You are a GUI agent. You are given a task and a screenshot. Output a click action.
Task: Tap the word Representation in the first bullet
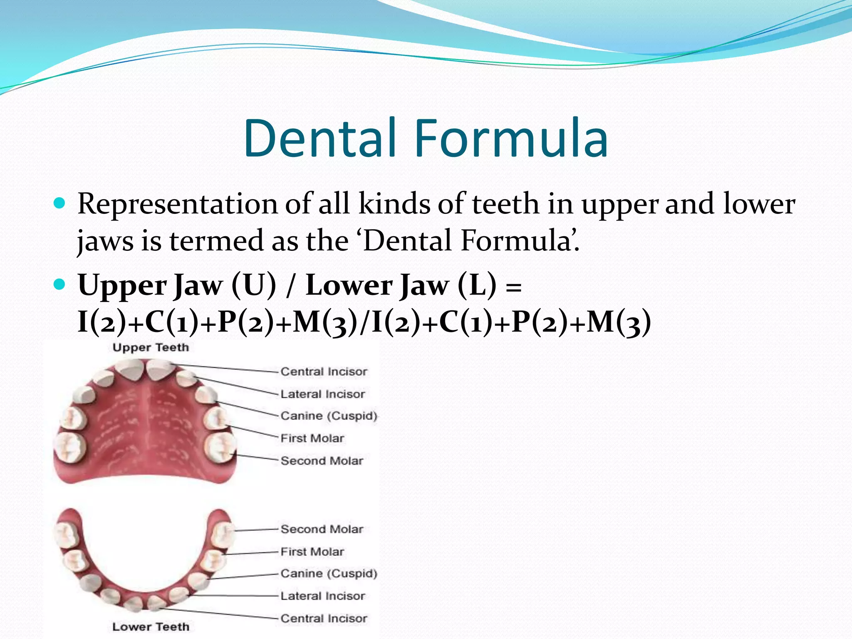pyautogui.click(x=177, y=205)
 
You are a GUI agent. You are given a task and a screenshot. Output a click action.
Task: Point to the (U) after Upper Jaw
pyautogui.click(x=254, y=285)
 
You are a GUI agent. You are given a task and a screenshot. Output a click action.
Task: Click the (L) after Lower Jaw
pyautogui.click(x=477, y=285)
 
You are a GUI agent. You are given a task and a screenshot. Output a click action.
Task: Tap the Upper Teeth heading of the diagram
pyautogui.click(x=151, y=347)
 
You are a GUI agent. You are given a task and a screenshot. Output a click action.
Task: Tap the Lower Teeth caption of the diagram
pyautogui.click(x=151, y=627)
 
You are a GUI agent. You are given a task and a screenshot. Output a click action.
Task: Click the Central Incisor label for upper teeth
pyautogui.click(x=324, y=372)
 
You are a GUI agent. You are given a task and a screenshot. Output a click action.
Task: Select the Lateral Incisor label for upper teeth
pyautogui.click(x=322, y=394)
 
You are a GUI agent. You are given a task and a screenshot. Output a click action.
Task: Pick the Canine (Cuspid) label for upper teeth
pyautogui.click(x=329, y=416)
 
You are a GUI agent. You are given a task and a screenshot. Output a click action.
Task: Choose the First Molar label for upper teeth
pyautogui.click(x=312, y=438)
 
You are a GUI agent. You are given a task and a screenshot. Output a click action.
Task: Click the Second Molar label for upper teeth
pyautogui.click(x=322, y=461)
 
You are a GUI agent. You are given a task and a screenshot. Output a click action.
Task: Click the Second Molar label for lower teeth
pyautogui.click(x=322, y=529)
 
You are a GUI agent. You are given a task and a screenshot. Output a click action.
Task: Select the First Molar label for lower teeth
pyautogui.click(x=312, y=552)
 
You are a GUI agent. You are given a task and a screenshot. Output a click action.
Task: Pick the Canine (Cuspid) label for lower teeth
pyautogui.click(x=329, y=574)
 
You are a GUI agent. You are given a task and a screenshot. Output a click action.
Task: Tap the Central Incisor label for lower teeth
pyautogui.click(x=324, y=619)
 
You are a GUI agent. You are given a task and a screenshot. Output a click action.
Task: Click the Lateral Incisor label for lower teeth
pyautogui.click(x=322, y=596)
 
